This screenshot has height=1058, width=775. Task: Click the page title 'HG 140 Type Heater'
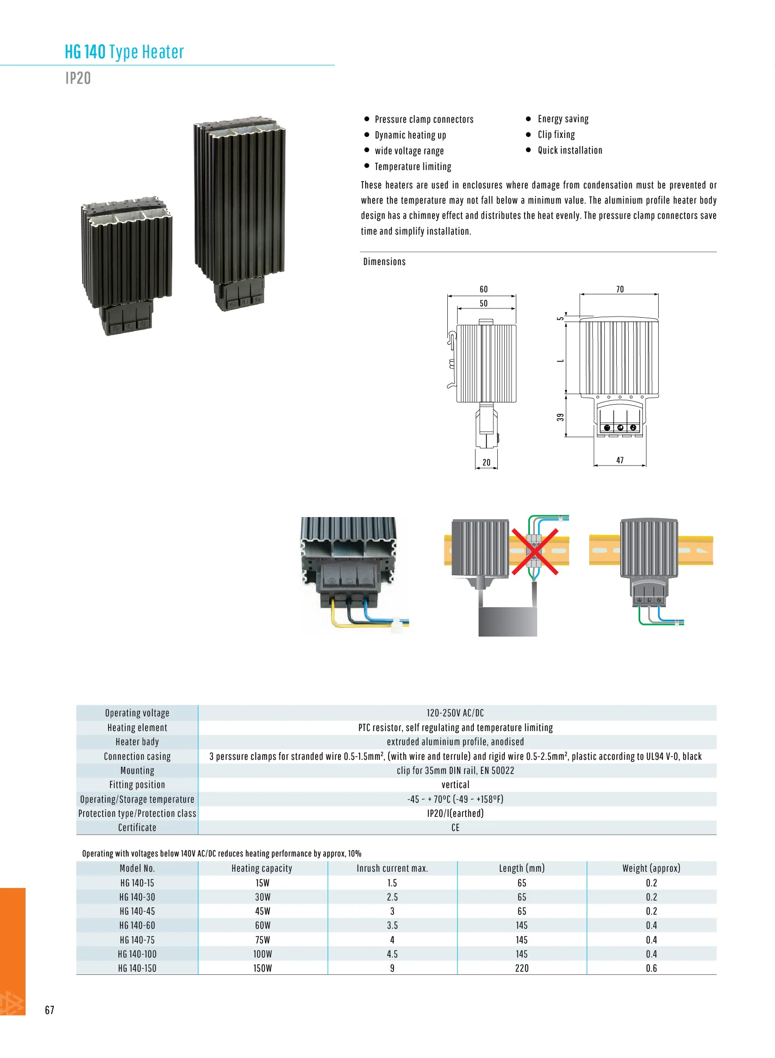point(124,52)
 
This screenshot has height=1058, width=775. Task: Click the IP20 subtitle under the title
point(78,79)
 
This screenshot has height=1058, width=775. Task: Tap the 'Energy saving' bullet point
point(562,119)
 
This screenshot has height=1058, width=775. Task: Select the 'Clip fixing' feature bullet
point(556,135)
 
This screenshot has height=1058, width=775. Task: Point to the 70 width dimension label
point(620,289)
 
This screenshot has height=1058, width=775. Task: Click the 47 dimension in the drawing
point(620,461)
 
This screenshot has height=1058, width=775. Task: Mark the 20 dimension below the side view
point(486,463)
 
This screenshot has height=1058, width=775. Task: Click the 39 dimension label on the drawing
point(560,418)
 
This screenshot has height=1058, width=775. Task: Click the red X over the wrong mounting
point(535,551)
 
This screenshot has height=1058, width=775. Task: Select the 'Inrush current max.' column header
point(392,868)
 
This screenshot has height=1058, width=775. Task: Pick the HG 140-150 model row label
point(137,968)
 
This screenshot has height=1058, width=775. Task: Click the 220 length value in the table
point(522,968)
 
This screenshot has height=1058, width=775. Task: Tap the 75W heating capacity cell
point(262,940)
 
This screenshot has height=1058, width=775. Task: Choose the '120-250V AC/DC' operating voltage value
point(455,713)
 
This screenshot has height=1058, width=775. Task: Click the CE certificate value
point(455,828)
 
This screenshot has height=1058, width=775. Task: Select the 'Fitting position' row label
point(137,785)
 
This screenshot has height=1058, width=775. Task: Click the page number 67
point(49,1010)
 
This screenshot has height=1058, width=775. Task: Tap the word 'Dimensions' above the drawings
point(384,262)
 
